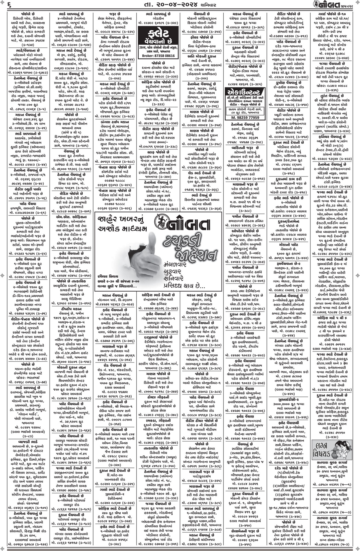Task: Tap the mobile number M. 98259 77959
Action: point(244,117)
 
